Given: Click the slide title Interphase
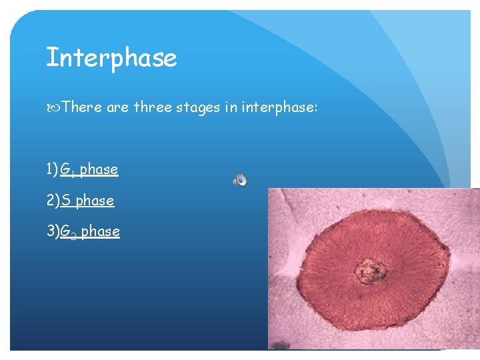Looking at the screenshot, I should point(111,58).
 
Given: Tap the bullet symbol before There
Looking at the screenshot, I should point(53,107).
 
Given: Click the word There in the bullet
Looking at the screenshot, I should point(81,107).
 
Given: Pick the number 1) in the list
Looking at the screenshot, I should point(53,169).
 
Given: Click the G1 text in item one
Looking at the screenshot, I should point(67,170).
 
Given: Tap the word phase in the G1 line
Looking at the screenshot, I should point(99,170).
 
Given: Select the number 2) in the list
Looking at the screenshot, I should point(53,201).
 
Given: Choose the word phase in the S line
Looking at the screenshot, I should point(95,201).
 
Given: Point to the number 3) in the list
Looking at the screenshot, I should point(53,231).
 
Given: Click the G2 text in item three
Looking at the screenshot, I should point(68,232).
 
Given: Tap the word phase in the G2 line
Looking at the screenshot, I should point(101,232).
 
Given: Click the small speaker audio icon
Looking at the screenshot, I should point(241,179).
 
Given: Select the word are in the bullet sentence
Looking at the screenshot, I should point(117,107).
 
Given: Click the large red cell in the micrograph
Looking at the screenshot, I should point(400,293).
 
